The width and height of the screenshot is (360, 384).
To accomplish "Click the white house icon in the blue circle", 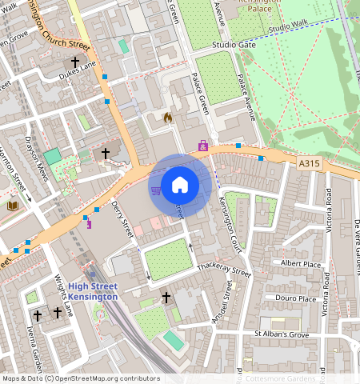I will pos(180,185).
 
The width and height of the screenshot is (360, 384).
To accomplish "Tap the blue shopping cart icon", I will pos(155,190).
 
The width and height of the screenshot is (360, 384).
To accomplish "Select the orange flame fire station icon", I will pos(168,118).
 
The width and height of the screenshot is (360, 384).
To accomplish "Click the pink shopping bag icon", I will pos(202,146).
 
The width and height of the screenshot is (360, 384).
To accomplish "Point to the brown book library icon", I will pos(12,206).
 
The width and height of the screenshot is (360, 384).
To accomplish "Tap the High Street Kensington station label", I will pos(92,292).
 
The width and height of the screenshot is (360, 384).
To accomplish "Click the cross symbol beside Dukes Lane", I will pos(76,62).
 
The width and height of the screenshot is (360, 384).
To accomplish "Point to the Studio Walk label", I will pos(287,28).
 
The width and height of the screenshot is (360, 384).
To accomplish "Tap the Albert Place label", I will pos(300,263).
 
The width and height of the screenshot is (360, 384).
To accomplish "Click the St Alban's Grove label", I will pos(281,333).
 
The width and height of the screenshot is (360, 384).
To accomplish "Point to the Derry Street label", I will pos(122,219).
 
